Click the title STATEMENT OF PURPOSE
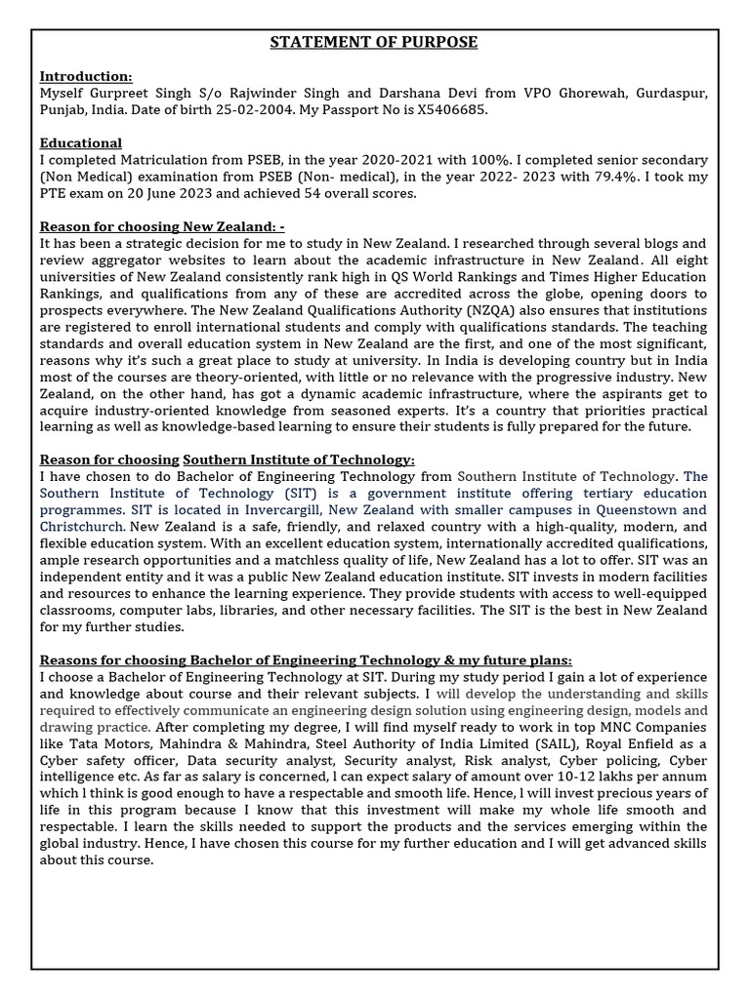[x=374, y=42]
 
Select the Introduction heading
[x=86, y=76]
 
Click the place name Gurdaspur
[x=670, y=92]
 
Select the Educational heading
[x=81, y=142]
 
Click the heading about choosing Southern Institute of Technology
[x=227, y=460]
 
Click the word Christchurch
[x=82, y=526]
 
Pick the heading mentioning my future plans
[x=305, y=659]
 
